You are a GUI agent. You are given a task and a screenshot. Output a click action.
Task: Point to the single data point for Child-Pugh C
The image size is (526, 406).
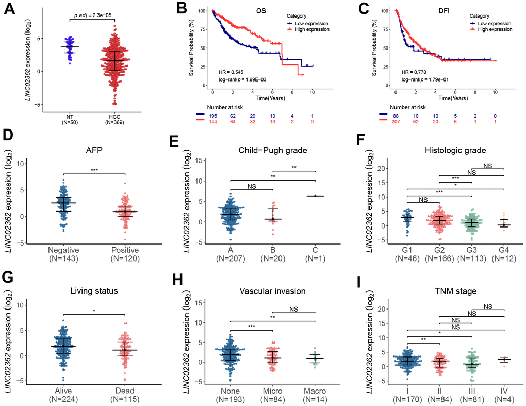(315, 196)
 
